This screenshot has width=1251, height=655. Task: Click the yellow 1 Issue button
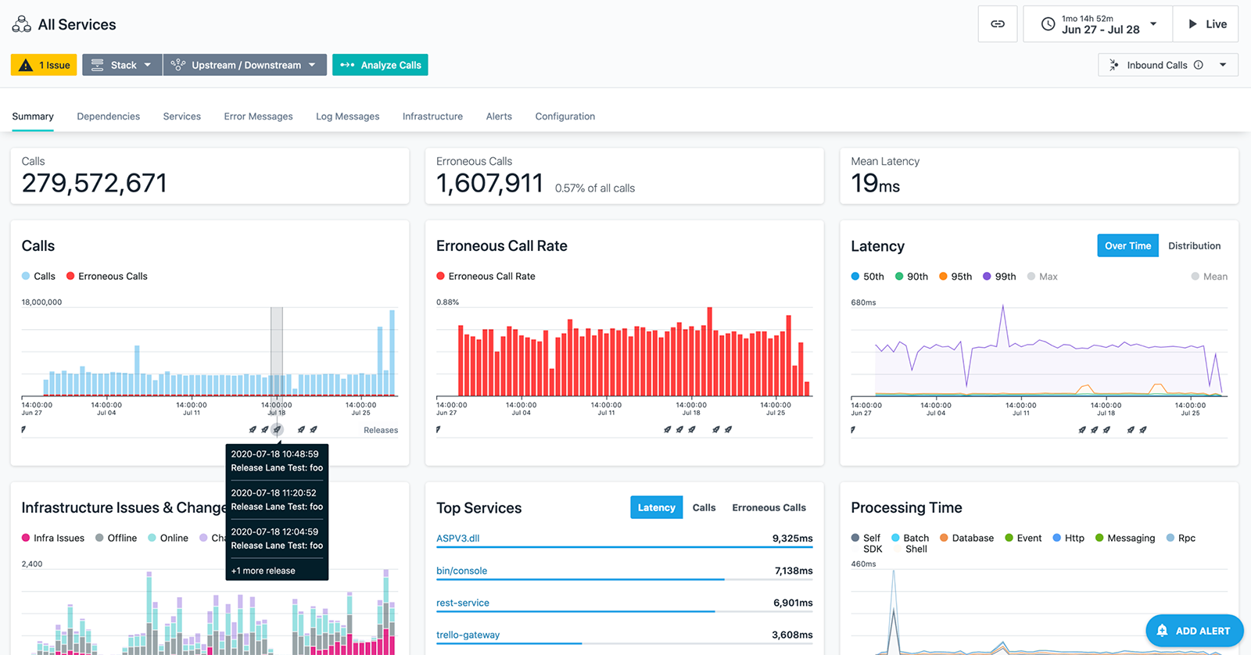tap(44, 65)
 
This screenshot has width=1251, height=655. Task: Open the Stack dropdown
tap(122, 65)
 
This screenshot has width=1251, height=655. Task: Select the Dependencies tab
tap(109, 116)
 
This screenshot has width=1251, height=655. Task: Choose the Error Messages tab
tap(258, 116)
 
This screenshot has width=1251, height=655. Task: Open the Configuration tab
tap(565, 116)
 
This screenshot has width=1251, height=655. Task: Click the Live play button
tap(1207, 24)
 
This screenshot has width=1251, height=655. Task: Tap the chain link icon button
tap(998, 24)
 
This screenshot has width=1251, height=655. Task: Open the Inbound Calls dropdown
tap(1168, 65)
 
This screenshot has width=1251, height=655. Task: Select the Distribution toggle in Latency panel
tap(1194, 245)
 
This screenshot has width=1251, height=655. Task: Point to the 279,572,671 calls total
tap(95, 183)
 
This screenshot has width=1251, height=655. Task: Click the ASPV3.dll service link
tap(458, 539)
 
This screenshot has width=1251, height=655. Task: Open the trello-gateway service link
tap(468, 635)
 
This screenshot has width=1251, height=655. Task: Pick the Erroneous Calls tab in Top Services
tap(769, 507)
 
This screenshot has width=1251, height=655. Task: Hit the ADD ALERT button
tap(1194, 631)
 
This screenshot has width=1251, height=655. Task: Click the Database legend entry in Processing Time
tap(966, 538)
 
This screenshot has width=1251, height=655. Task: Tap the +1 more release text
tap(263, 571)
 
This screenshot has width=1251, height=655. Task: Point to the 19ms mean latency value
tap(875, 184)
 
